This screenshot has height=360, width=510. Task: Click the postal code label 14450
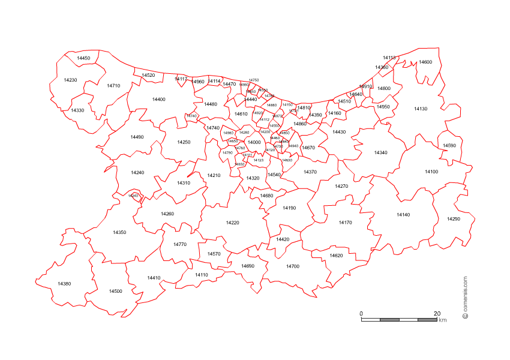pyautogui.click(x=84, y=58)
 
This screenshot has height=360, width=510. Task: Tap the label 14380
pyautogui.click(x=64, y=284)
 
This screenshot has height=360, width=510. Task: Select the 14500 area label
pyautogui.click(x=116, y=291)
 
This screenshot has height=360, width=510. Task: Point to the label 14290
pyautogui.click(x=454, y=219)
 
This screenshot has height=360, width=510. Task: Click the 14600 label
pyautogui.click(x=425, y=62)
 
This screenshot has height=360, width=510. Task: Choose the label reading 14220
pyautogui.click(x=232, y=223)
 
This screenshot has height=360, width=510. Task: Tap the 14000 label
pyautogui.click(x=254, y=142)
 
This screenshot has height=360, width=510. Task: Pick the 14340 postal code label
pyautogui.click(x=380, y=152)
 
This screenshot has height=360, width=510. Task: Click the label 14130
pyautogui.click(x=421, y=109)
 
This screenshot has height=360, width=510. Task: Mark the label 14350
pyautogui.click(x=119, y=232)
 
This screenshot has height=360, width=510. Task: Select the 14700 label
pyautogui.click(x=292, y=266)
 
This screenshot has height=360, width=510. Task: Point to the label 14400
pyautogui.click(x=158, y=99)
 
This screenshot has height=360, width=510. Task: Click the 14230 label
pyautogui.click(x=70, y=80)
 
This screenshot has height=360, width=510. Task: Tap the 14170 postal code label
pyautogui.click(x=345, y=223)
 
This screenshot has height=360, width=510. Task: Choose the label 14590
pyautogui.click(x=449, y=146)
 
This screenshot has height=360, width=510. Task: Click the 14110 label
pyautogui.click(x=202, y=274)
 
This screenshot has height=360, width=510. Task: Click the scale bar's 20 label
pyautogui.click(x=437, y=314)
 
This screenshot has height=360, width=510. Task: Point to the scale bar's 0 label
pyautogui.click(x=361, y=314)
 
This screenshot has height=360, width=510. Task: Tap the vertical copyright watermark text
pyautogui.click(x=465, y=297)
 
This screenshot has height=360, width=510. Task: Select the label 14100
pyautogui.click(x=431, y=172)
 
